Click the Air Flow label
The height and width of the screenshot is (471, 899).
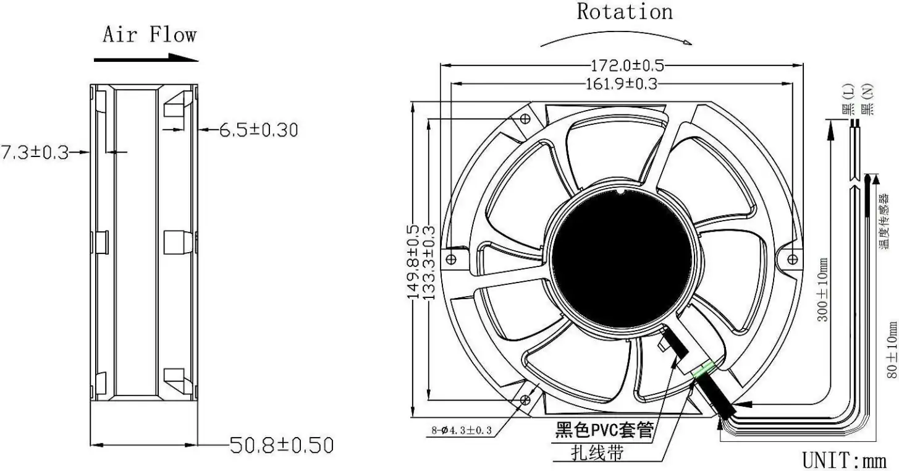(x=150, y=34)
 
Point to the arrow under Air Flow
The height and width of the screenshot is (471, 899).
(x=146, y=58)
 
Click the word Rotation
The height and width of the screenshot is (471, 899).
(x=625, y=12)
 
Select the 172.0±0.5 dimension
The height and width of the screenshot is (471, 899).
(x=627, y=65)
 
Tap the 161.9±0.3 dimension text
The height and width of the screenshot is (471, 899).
(x=622, y=84)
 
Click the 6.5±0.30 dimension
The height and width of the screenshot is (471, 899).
(x=259, y=130)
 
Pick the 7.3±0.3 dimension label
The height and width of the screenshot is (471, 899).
(x=35, y=153)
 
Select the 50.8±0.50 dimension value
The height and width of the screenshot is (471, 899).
(x=282, y=445)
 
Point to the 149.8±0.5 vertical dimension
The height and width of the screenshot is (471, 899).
(x=413, y=262)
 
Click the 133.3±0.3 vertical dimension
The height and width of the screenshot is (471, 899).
(x=429, y=263)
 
